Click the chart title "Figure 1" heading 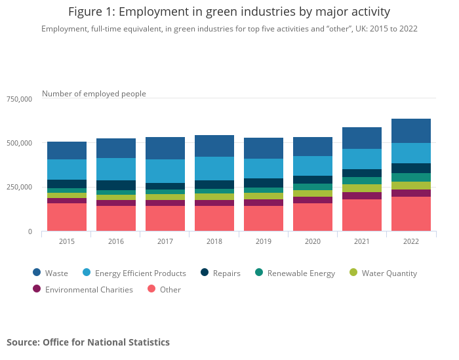point(229,12)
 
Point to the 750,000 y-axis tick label point(19,99)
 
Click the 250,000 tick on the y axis point(19,188)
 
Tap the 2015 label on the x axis point(67,242)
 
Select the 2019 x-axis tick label point(264,242)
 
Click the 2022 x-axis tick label point(411,242)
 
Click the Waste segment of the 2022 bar point(411,130)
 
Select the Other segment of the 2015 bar point(67,217)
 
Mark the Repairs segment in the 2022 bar point(411,168)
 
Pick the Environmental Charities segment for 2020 point(313,200)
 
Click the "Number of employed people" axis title point(94,94)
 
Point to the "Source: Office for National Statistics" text point(88,342)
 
